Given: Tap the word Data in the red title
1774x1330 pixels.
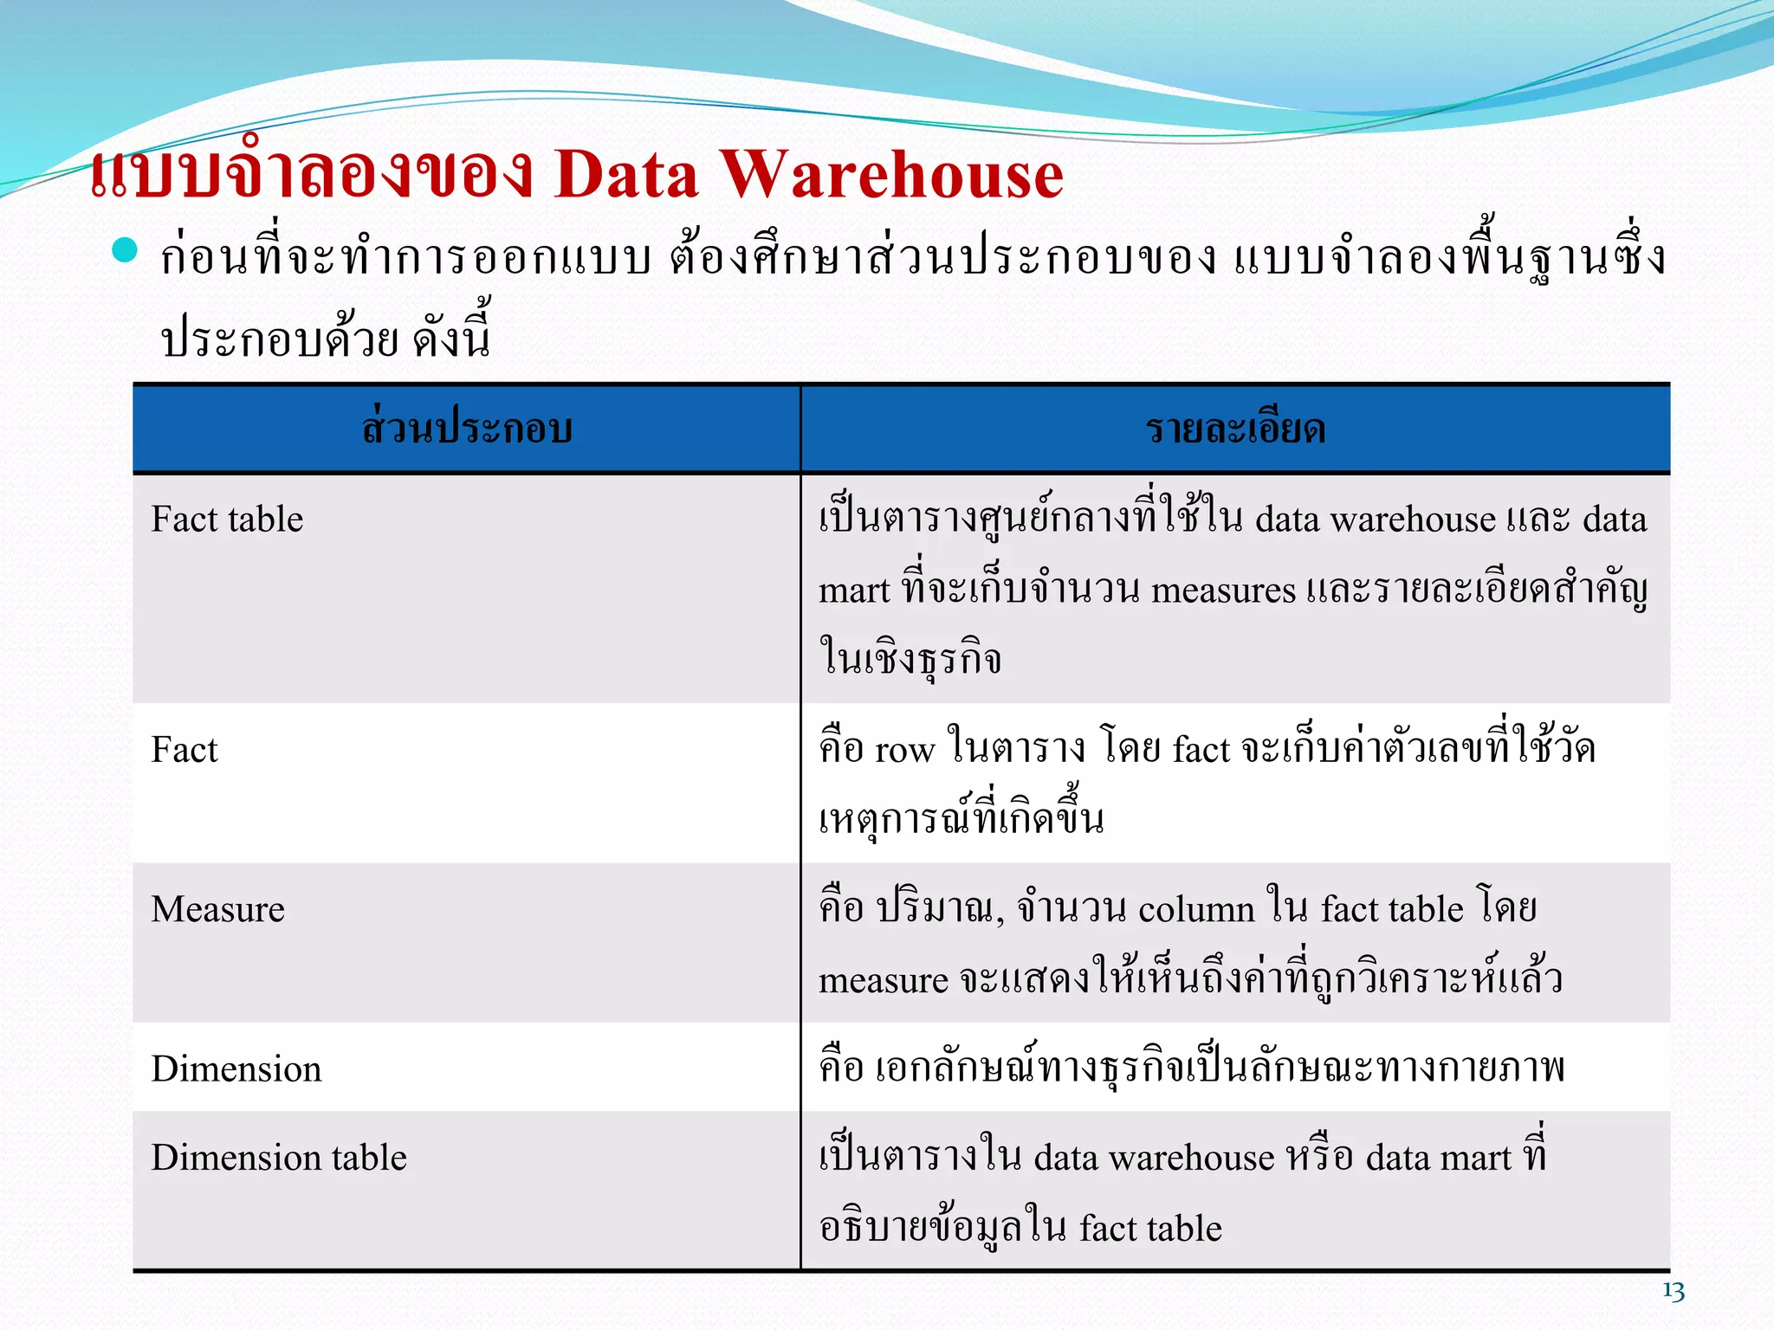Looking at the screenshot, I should click(x=625, y=175).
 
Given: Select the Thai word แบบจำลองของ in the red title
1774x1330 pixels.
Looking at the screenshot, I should click(x=312, y=175).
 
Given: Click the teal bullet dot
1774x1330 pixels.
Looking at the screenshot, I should click(x=126, y=250).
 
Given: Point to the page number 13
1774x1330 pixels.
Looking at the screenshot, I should click(x=1674, y=1291).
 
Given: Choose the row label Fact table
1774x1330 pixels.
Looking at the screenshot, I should click(x=227, y=520).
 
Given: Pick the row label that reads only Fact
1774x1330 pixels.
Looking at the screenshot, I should click(x=185, y=750).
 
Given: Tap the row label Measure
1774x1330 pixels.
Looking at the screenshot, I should click(x=217, y=909).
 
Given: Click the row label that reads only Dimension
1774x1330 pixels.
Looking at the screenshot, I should click(x=236, y=1069).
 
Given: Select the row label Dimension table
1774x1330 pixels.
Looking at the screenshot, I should click(x=278, y=1158).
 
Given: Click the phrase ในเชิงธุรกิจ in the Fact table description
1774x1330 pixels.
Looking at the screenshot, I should click(x=910, y=659).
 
